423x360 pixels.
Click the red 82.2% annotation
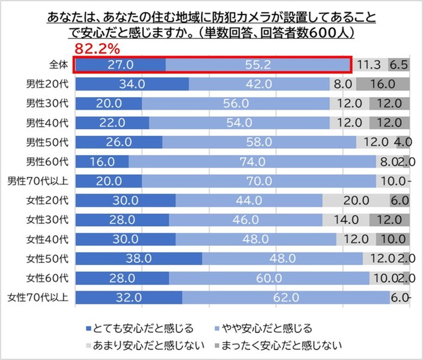tap(96, 48)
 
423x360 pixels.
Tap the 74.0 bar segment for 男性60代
tap(252, 162)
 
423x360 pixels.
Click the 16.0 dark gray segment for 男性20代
tap(383, 85)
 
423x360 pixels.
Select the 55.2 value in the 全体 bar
tap(258, 65)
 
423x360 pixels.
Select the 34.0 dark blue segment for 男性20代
tap(132, 85)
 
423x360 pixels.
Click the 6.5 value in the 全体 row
tap(399, 65)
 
